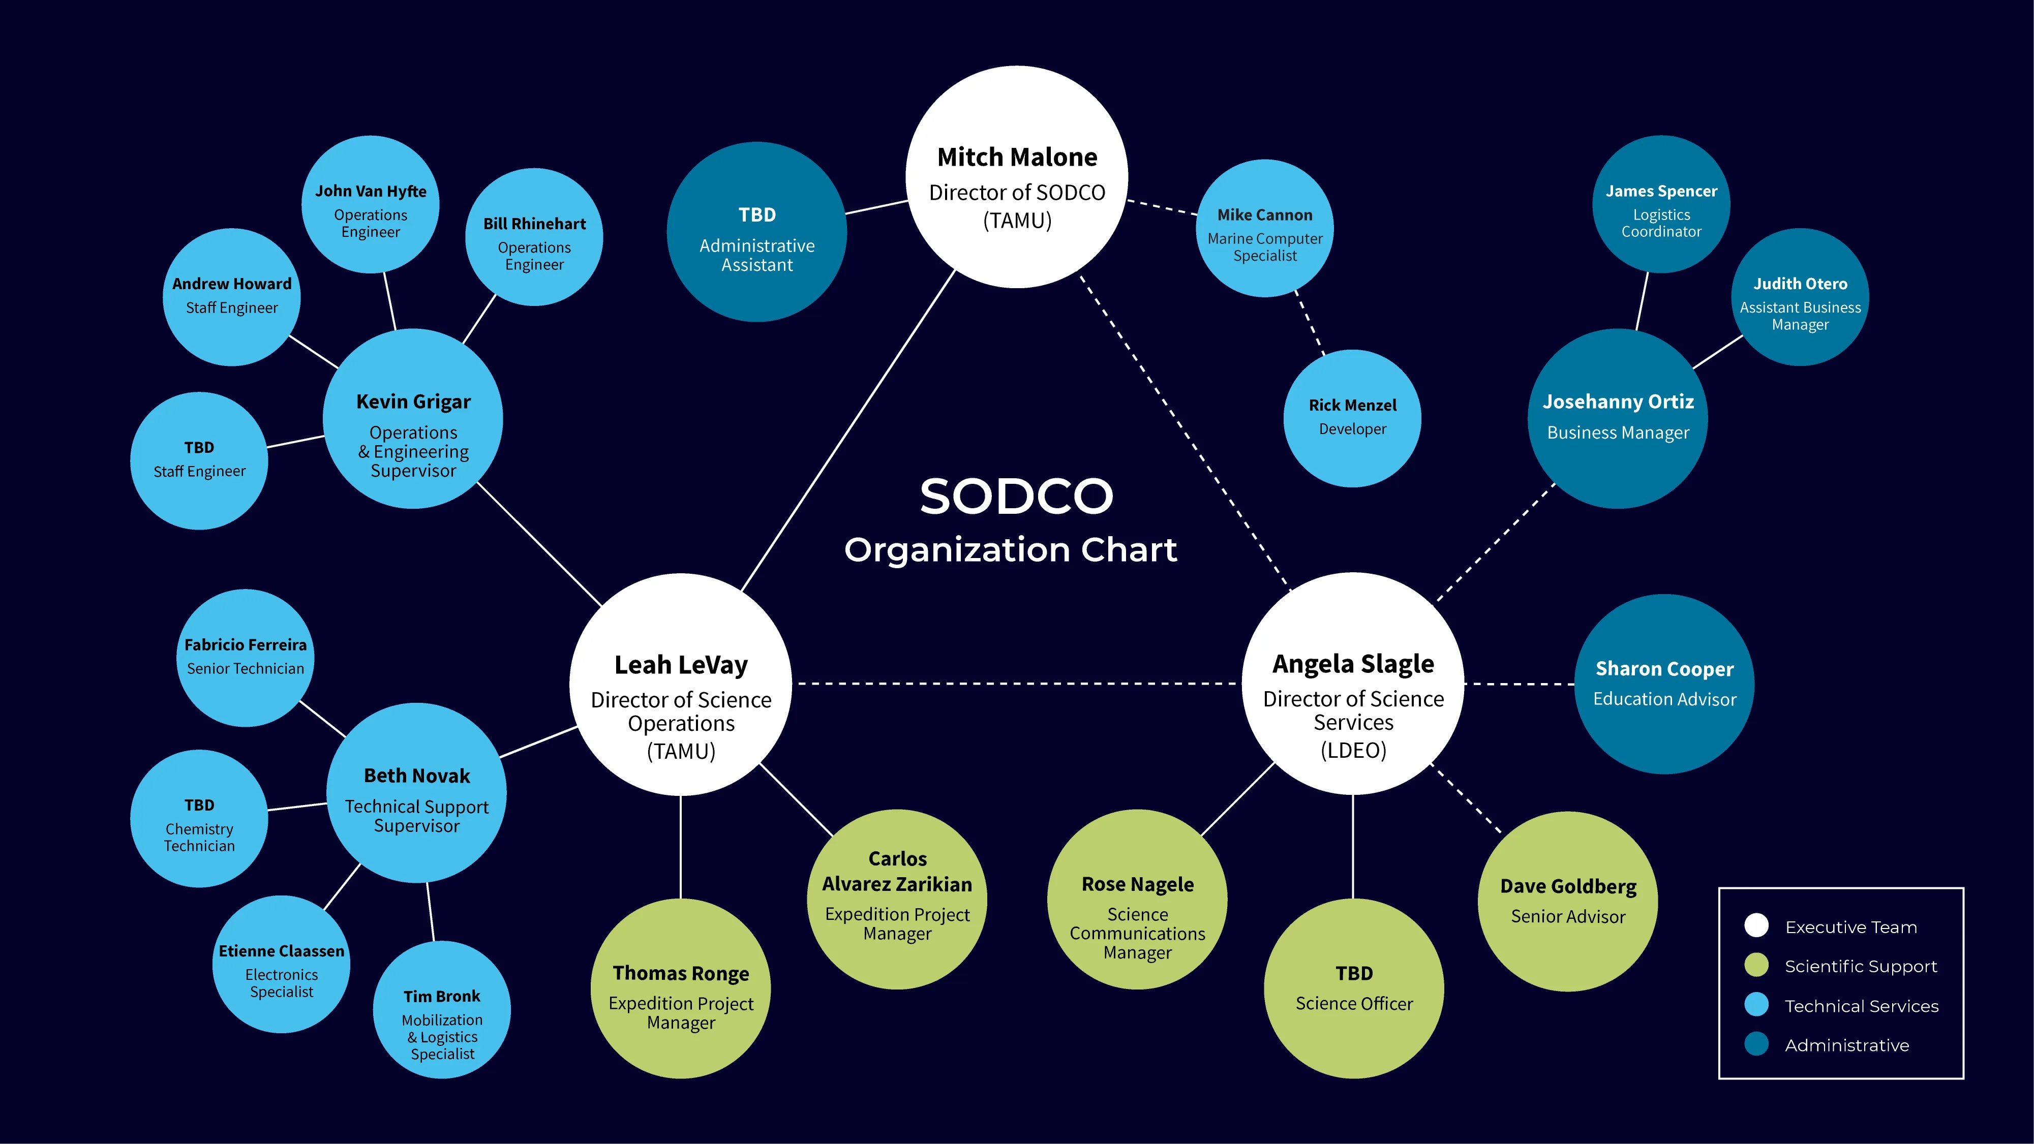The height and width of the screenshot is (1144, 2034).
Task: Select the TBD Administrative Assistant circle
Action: (x=756, y=232)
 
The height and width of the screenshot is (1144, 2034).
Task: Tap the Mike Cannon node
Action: (x=1264, y=229)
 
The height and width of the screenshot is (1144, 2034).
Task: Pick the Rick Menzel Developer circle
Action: (x=1352, y=418)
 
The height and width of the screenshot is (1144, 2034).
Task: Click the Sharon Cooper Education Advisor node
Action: (x=1664, y=684)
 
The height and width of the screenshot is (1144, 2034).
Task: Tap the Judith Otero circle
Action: (x=1800, y=298)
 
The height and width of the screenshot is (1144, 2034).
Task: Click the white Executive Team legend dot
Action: (x=1756, y=925)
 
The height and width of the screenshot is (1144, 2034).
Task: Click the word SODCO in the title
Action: (x=1016, y=497)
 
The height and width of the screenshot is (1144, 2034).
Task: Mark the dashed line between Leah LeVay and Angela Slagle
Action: (x=1016, y=684)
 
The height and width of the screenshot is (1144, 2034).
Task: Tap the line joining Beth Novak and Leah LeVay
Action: (x=538, y=742)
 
